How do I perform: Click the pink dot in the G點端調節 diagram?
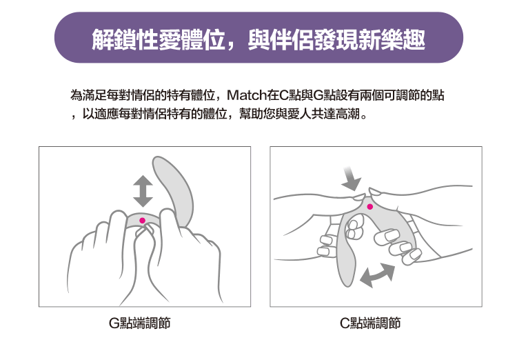point(143,221)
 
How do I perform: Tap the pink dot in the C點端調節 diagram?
point(370,207)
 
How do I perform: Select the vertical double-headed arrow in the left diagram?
point(143,192)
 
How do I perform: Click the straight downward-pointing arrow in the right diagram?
point(352,179)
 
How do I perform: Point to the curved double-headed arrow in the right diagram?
point(377,275)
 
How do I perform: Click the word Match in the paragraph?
point(247,95)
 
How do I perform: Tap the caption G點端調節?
point(140,323)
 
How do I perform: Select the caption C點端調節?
point(370,323)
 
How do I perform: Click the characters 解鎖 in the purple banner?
point(114,39)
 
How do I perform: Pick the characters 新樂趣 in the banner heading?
point(392,39)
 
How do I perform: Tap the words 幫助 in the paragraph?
point(251,114)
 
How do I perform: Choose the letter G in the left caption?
point(114,323)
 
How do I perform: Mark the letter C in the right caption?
point(345,323)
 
